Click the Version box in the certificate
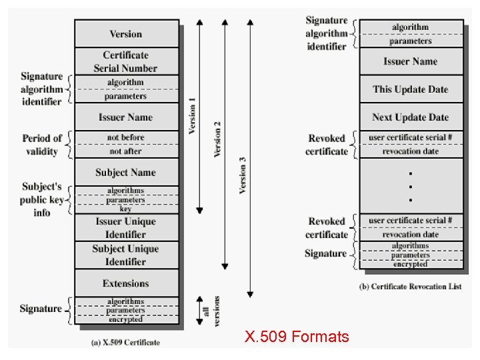point(126,33)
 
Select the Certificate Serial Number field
point(126,61)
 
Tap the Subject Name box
point(126,173)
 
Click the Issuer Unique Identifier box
point(126,228)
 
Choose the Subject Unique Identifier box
point(126,255)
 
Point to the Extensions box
point(126,283)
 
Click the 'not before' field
point(126,137)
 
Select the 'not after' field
point(126,151)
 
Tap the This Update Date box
point(410,89)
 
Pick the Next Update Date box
point(410,117)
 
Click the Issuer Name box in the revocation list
point(410,61)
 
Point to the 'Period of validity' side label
point(42,145)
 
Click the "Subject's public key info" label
point(41,199)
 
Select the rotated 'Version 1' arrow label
point(192,116)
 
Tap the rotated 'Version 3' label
point(243,175)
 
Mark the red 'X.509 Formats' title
point(296,337)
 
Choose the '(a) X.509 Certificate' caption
point(126,343)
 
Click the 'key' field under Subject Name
point(126,209)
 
